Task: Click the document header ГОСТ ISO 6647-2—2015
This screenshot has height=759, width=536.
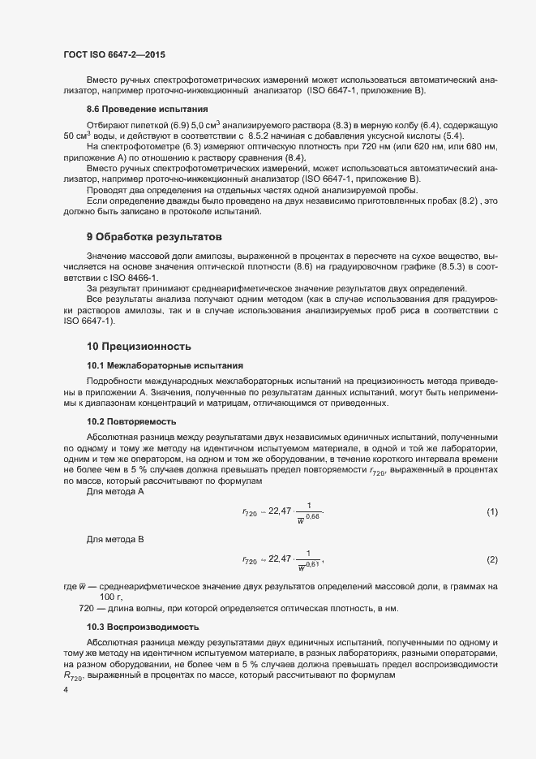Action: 115,54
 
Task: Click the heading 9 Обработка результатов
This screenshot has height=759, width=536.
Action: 153,237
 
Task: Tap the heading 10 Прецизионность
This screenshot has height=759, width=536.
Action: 139,346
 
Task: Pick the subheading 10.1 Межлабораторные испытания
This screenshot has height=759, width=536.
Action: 159,365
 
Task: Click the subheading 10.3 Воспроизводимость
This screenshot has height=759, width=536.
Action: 142,627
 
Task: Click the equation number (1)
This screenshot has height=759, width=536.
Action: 491,511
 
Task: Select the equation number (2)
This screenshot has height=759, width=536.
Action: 491,561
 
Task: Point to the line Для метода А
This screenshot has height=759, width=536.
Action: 115,491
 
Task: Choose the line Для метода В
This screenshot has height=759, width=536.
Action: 115,541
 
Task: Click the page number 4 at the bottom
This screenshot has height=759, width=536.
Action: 65,690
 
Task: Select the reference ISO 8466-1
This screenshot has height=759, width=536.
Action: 119,278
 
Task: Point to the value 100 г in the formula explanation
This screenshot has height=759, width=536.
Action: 111,597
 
